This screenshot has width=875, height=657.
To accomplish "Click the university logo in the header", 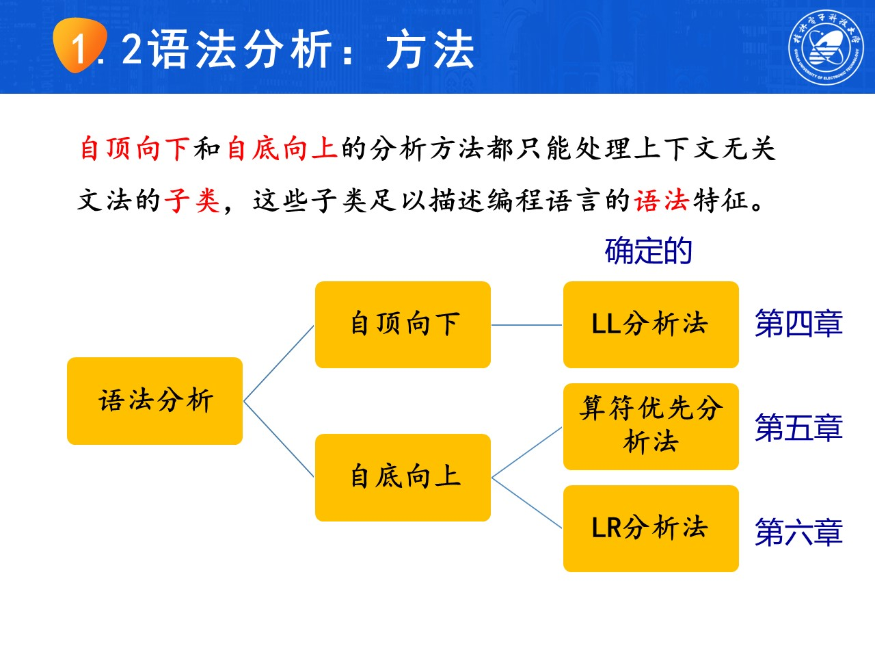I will [x=826, y=47].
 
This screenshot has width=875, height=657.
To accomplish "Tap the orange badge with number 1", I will [x=80, y=46].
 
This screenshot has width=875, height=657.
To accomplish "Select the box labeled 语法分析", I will [x=155, y=401].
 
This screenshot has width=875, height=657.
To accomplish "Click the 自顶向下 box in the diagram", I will [x=403, y=324].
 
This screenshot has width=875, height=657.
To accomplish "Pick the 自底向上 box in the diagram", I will [x=403, y=477].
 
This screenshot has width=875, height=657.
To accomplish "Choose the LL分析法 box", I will [x=651, y=324].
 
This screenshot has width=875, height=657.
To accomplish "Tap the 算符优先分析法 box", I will [x=651, y=426].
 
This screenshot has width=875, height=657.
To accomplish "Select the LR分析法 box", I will [x=651, y=528].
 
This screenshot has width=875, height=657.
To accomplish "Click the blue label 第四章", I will [x=798, y=324].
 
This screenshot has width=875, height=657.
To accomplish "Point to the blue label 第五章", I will [x=798, y=428].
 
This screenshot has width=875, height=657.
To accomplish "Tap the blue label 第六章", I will [x=798, y=532].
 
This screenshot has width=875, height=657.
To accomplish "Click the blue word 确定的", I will [x=648, y=251].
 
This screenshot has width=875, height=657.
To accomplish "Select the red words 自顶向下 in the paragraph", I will [x=135, y=149].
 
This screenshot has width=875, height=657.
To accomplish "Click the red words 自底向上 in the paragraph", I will [x=282, y=149].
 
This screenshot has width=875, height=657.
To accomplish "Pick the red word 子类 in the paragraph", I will [x=192, y=201].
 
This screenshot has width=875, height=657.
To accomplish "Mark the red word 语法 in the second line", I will [x=661, y=201].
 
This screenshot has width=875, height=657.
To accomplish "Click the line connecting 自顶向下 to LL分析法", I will [x=526, y=325].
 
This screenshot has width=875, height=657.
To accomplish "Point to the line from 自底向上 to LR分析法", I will [x=527, y=503].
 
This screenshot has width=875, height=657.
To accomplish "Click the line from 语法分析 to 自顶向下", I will [x=279, y=363].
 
